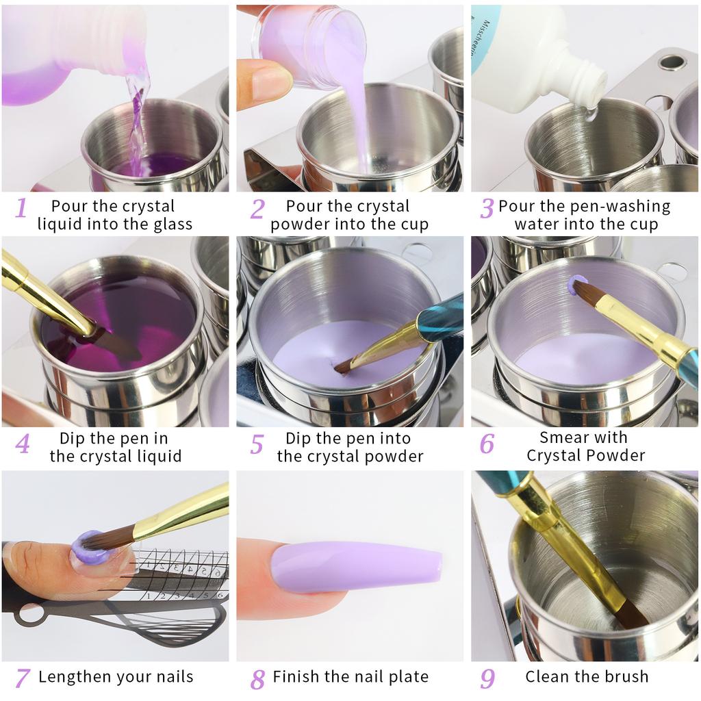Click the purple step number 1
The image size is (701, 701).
(21, 207)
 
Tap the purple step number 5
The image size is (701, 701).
(257, 444)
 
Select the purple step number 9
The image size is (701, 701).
(487, 678)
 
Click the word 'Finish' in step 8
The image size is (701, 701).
(296, 677)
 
